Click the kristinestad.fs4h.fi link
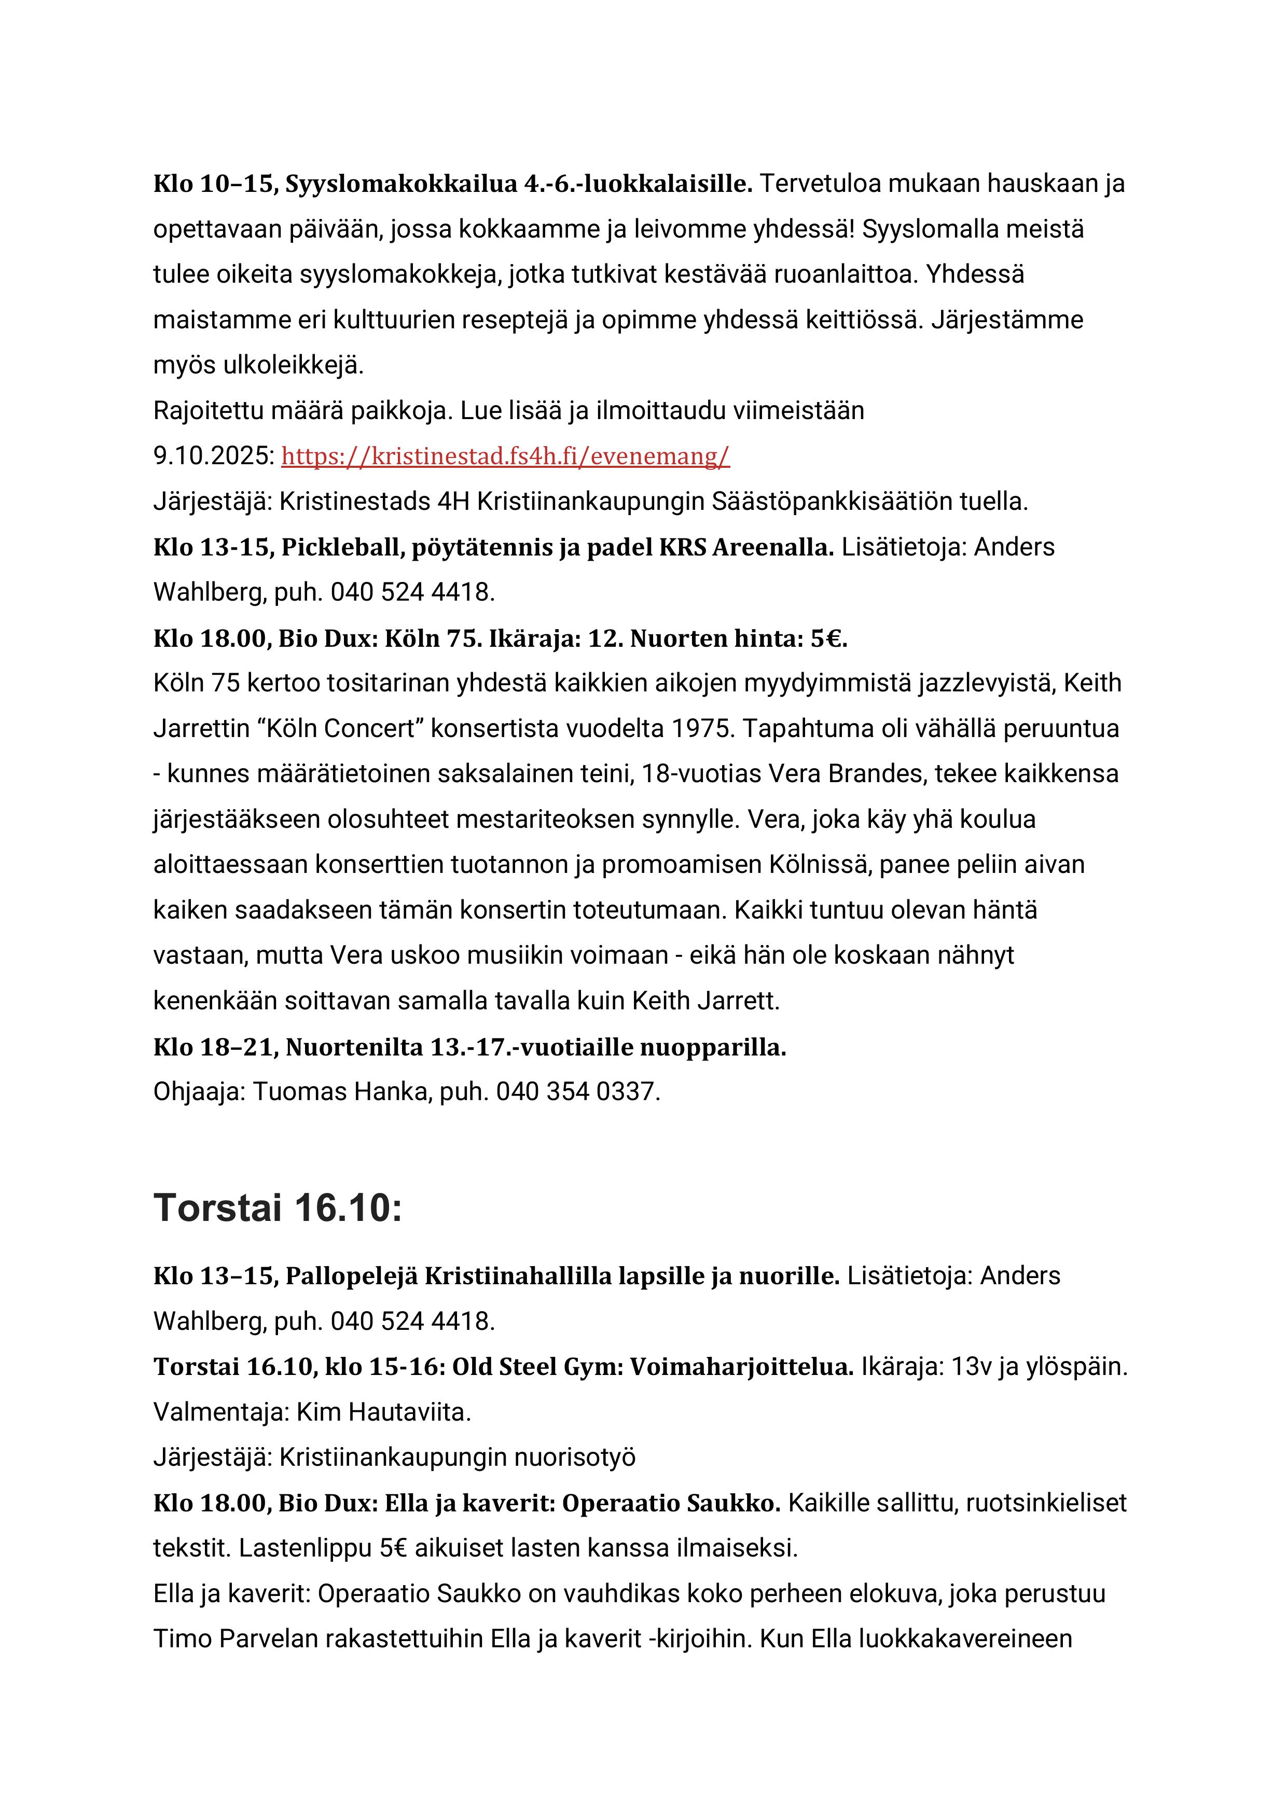[x=505, y=456]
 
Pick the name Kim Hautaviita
[x=383, y=1412]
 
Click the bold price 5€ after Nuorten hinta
[x=828, y=639]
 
